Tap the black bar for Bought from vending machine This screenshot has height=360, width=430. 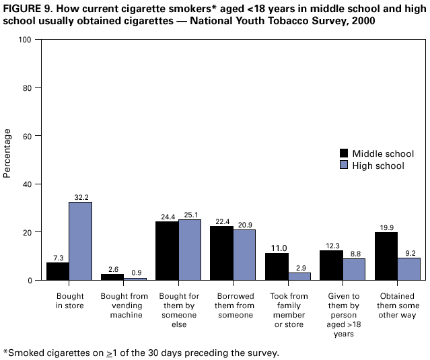(112, 277)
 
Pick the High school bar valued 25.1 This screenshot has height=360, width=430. (189, 250)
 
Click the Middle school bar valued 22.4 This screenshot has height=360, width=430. (221, 253)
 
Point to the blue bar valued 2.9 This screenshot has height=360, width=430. (299, 276)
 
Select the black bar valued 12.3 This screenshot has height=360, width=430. (330, 265)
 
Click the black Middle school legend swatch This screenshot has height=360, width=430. (345, 153)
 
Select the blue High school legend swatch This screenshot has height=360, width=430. (345, 166)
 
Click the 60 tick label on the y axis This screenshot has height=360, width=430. (27, 136)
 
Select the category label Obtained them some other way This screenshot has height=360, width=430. (397, 306)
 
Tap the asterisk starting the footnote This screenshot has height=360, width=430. (5, 351)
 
